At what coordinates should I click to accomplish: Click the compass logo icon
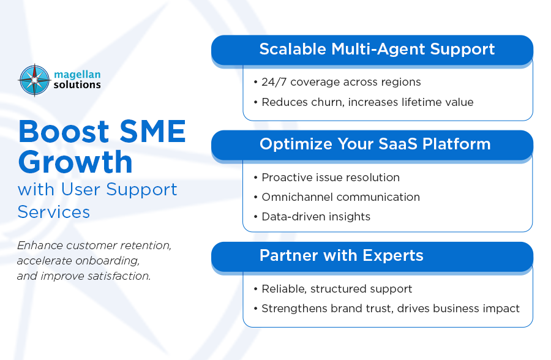click(x=34, y=80)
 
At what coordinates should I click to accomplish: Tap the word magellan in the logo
click(x=77, y=75)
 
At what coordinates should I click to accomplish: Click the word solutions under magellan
click(x=77, y=84)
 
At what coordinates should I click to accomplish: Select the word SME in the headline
click(x=153, y=132)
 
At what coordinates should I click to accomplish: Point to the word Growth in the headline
click(x=75, y=162)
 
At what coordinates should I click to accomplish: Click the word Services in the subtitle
click(x=54, y=212)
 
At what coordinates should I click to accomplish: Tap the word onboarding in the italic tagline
click(x=108, y=261)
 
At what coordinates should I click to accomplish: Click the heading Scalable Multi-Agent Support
click(x=377, y=49)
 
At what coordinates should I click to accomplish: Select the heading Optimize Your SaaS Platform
click(x=375, y=144)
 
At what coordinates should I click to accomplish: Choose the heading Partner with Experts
click(x=341, y=255)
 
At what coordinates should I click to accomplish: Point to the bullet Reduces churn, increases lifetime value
click(x=367, y=102)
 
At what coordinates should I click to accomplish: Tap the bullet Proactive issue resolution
click(x=331, y=178)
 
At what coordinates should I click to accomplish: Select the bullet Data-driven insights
click(x=316, y=217)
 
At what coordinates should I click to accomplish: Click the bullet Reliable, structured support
click(x=337, y=289)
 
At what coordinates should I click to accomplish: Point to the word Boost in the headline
click(x=64, y=132)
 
